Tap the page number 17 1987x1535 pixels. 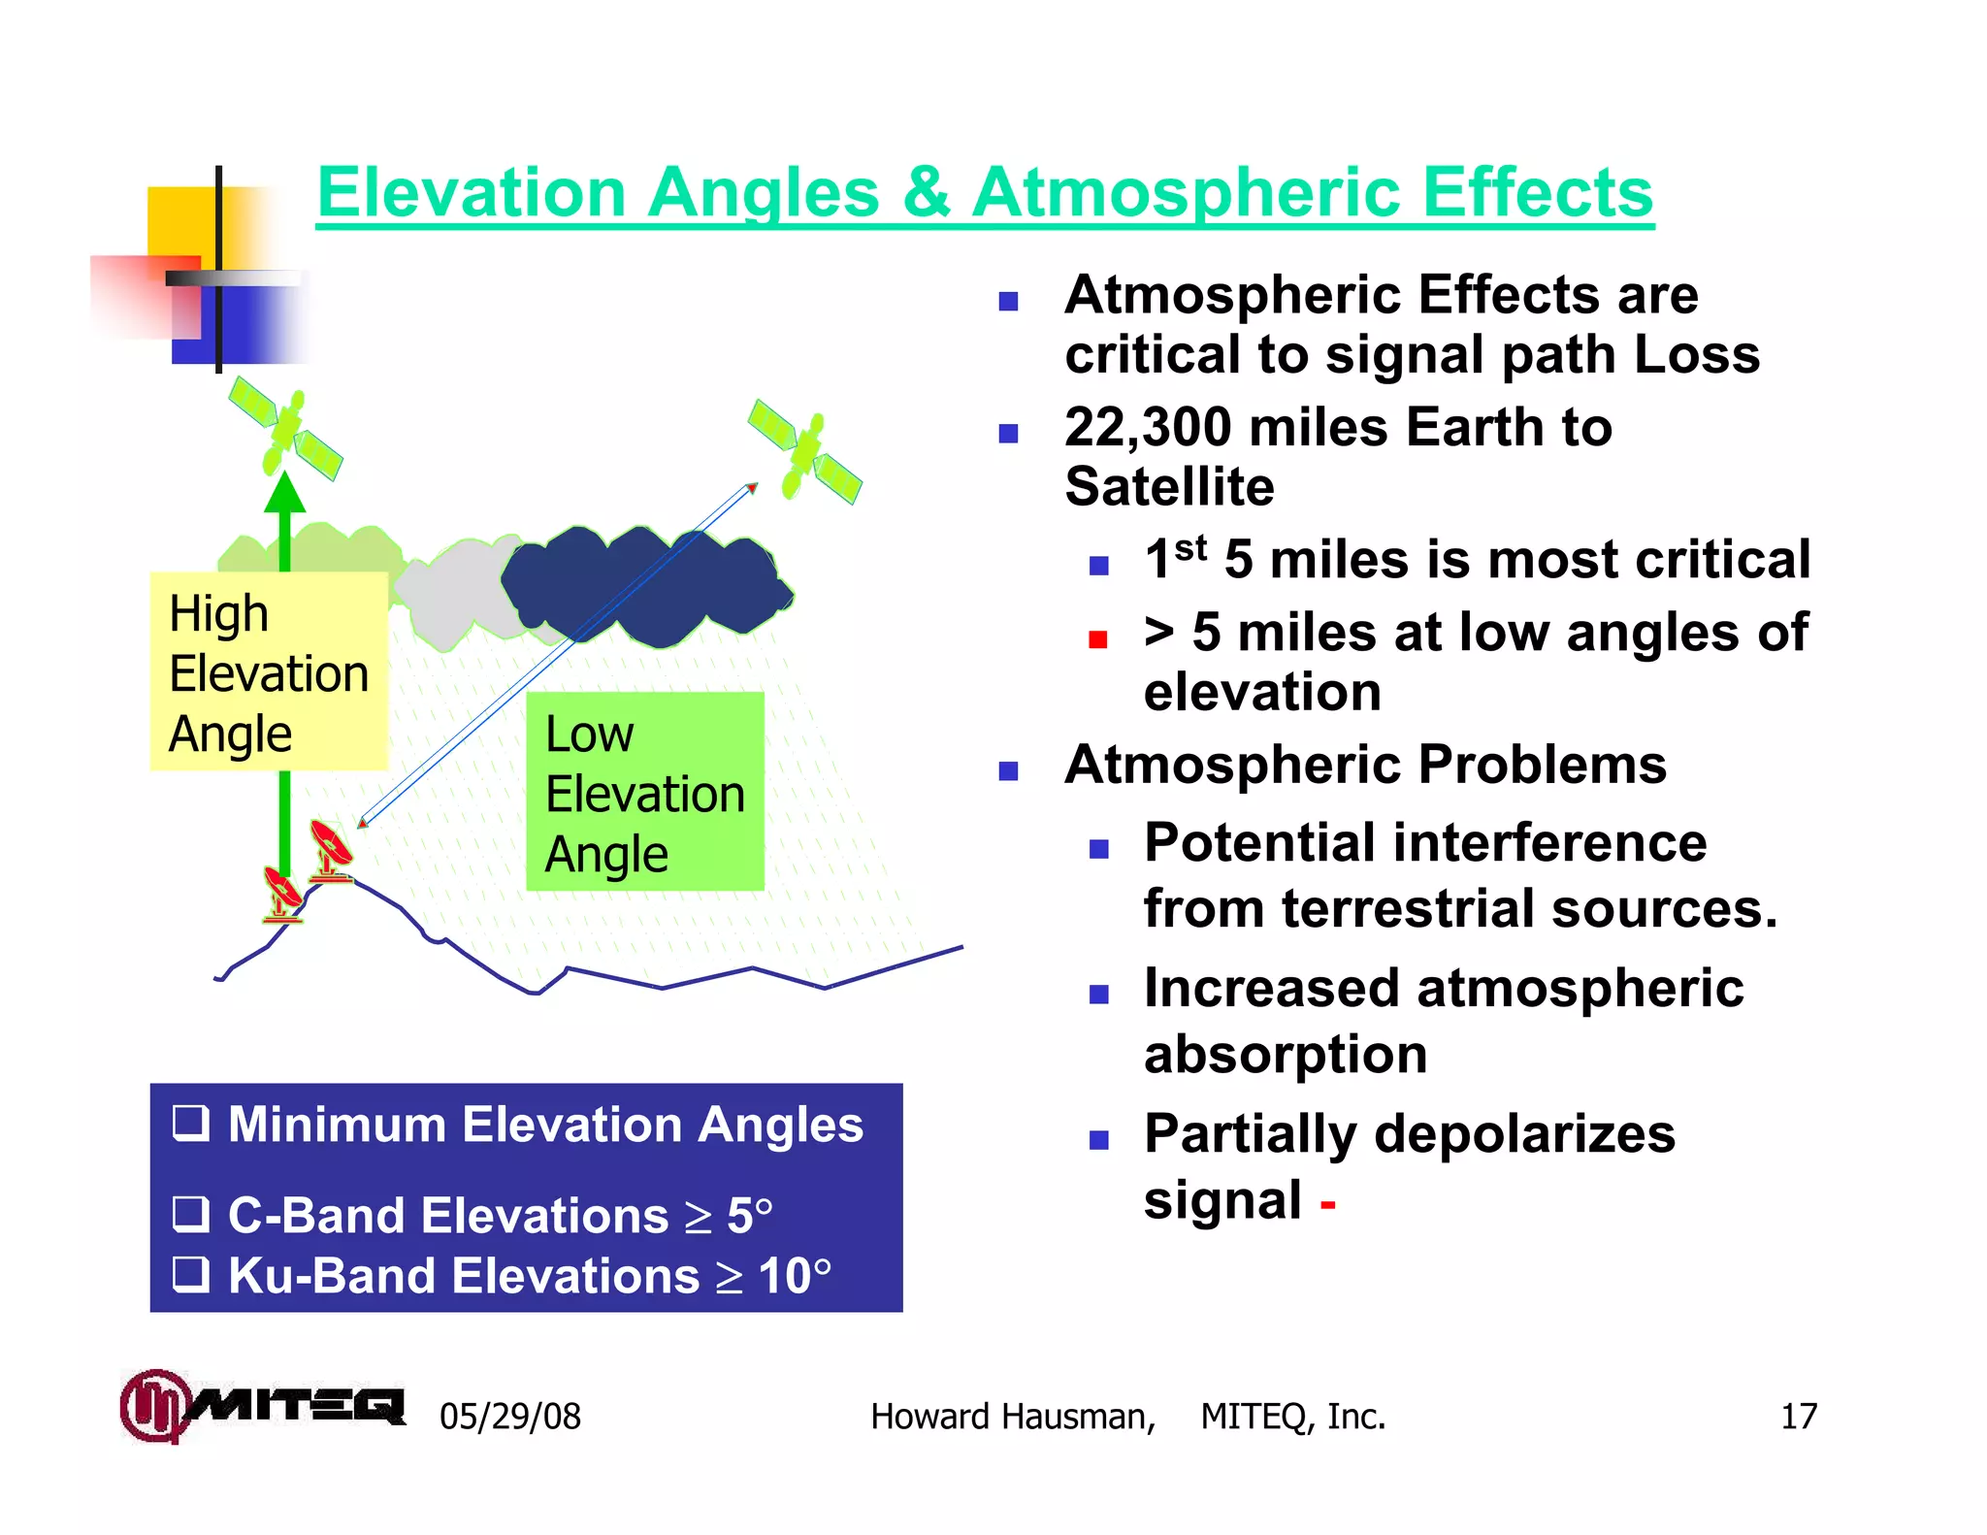point(1798,1417)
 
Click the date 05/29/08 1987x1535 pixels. point(510,1417)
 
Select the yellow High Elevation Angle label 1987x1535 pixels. point(269,671)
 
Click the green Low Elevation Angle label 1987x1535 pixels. point(645,792)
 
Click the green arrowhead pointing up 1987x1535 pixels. point(285,493)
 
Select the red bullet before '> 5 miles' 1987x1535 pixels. point(1098,638)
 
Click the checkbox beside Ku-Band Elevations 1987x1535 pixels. point(190,1274)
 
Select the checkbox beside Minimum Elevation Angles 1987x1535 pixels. point(190,1123)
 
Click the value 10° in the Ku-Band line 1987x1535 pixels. point(795,1275)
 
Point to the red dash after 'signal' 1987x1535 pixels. point(1328,1205)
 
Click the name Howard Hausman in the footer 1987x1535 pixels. point(1012,1417)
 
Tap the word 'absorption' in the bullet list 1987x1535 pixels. point(1286,1054)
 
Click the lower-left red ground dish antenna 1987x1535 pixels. point(283,893)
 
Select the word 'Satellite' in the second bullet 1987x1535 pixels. point(1169,486)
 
